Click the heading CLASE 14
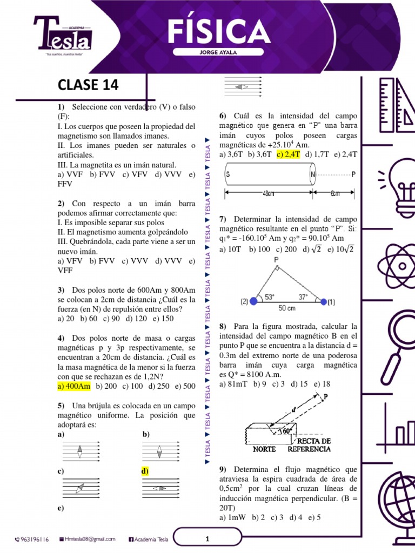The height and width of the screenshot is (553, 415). point(88,85)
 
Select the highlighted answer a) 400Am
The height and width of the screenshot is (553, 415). point(74,386)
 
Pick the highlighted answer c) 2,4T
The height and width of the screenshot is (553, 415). point(288,154)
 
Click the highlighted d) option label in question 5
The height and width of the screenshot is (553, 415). point(145,471)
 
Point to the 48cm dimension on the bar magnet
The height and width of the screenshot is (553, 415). point(270,193)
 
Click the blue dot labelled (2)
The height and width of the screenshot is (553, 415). point(253,301)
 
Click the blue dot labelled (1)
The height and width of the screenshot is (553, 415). point(324,301)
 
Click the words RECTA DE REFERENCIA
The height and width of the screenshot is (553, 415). point(309,445)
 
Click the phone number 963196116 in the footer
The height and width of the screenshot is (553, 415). point(33,539)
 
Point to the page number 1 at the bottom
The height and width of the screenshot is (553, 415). point(207,539)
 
